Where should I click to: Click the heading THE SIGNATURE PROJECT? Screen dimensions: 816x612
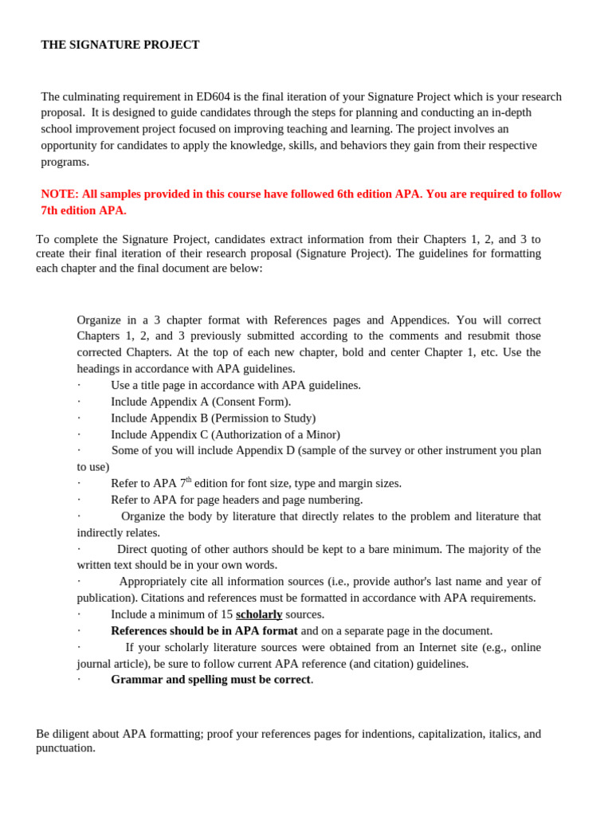coord(120,45)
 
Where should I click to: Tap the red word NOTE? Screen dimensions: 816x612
coord(60,194)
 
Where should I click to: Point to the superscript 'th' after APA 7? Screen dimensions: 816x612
coord(189,480)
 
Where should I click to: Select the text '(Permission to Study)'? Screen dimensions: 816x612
coord(264,418)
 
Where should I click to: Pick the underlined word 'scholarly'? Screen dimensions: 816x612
coord(259,614)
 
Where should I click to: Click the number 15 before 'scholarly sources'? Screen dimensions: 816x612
coord(226,614)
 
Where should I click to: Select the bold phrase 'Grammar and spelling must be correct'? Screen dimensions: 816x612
coord(210,680)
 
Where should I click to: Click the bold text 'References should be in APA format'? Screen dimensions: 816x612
coord(204,631)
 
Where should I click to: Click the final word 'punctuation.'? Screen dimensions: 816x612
coord(65,748)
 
